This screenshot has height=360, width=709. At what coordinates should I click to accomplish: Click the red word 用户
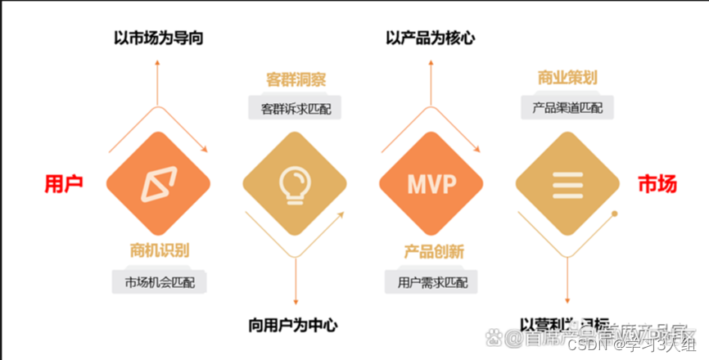(64, 184)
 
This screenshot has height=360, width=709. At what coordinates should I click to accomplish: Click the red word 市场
(657, 184)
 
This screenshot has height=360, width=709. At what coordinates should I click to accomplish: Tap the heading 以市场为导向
(159, 37)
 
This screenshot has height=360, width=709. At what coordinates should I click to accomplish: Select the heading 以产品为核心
(431, 37)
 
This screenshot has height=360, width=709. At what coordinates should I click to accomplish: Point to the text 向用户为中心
(292, 325)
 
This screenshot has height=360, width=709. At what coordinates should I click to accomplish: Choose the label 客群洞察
(296, 80)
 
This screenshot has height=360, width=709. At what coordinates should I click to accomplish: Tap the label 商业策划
(567, 79)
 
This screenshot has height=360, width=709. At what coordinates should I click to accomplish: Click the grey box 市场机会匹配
(160, 282)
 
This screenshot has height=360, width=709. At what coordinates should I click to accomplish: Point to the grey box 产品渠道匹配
(567, 107)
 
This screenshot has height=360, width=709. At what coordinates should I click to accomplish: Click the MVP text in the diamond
(432, 185)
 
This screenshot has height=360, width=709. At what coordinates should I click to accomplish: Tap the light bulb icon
(295, 185)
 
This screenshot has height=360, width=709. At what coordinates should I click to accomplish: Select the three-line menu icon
(567, 185)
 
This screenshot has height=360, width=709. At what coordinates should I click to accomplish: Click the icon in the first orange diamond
(159, 185)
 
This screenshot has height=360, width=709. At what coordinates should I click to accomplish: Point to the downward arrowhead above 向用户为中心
(295, 303)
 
